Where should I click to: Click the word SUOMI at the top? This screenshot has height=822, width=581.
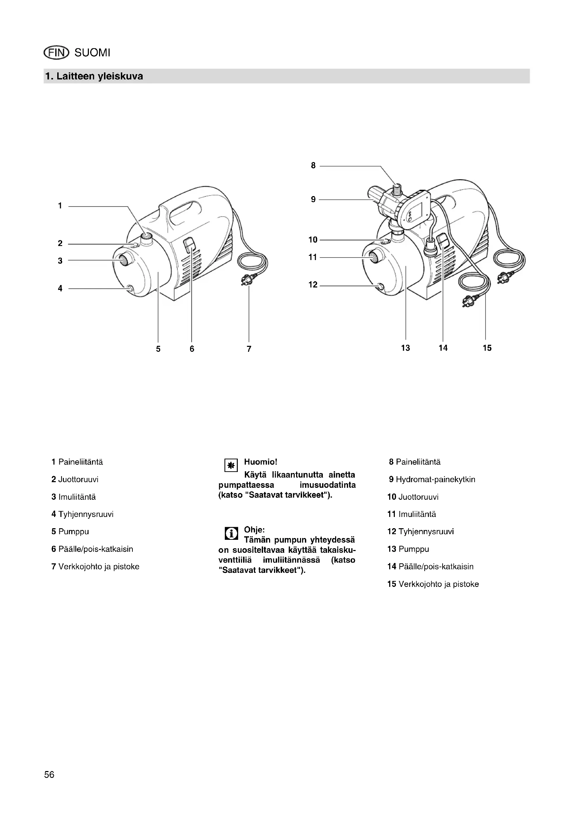pos(92,53)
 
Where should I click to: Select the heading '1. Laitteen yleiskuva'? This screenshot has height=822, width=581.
pos(94,76)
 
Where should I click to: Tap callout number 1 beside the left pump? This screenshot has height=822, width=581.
pos(60,206)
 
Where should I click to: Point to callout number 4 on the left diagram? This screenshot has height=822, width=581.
pos(60,289)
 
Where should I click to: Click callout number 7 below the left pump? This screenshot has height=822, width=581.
pos(249,349)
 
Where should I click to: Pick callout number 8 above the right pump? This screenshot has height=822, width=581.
pos(313,166)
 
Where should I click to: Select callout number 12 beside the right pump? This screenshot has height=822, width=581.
pos(313,285)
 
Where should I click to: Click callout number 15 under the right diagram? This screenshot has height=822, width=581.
pos(487,348)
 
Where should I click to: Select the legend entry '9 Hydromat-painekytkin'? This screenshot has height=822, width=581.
pos(432,479)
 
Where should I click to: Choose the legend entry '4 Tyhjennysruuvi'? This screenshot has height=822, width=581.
pos(82,514)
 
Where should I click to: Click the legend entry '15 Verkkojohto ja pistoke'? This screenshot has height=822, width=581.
pos(433,584)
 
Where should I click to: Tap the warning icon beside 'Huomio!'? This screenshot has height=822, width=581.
pos(231,465)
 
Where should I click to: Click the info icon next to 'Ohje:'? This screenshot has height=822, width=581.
pos(231,534)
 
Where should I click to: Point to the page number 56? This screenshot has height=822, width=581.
pos(50,775)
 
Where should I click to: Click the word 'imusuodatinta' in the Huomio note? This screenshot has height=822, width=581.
pos(327,485)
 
